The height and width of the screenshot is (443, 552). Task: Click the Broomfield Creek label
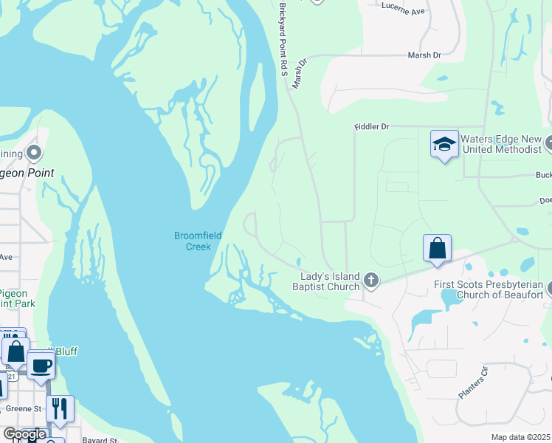(x=198, y=241)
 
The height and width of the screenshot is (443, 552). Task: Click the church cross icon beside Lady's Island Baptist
(x=370, y=281)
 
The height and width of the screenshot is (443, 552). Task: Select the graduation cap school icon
(x=444, y=145)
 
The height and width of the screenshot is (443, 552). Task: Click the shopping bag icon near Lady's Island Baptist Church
(x=437, y=249)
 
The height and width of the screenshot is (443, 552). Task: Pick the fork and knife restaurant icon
(x=60, y=409)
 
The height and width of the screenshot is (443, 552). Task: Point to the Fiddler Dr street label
(x=371, y=127)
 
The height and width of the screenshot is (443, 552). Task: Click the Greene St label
(x=24, y=408)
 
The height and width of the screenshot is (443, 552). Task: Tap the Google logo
(x=24, y=434)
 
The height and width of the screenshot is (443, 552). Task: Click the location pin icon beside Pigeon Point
(x=33, y=153)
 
